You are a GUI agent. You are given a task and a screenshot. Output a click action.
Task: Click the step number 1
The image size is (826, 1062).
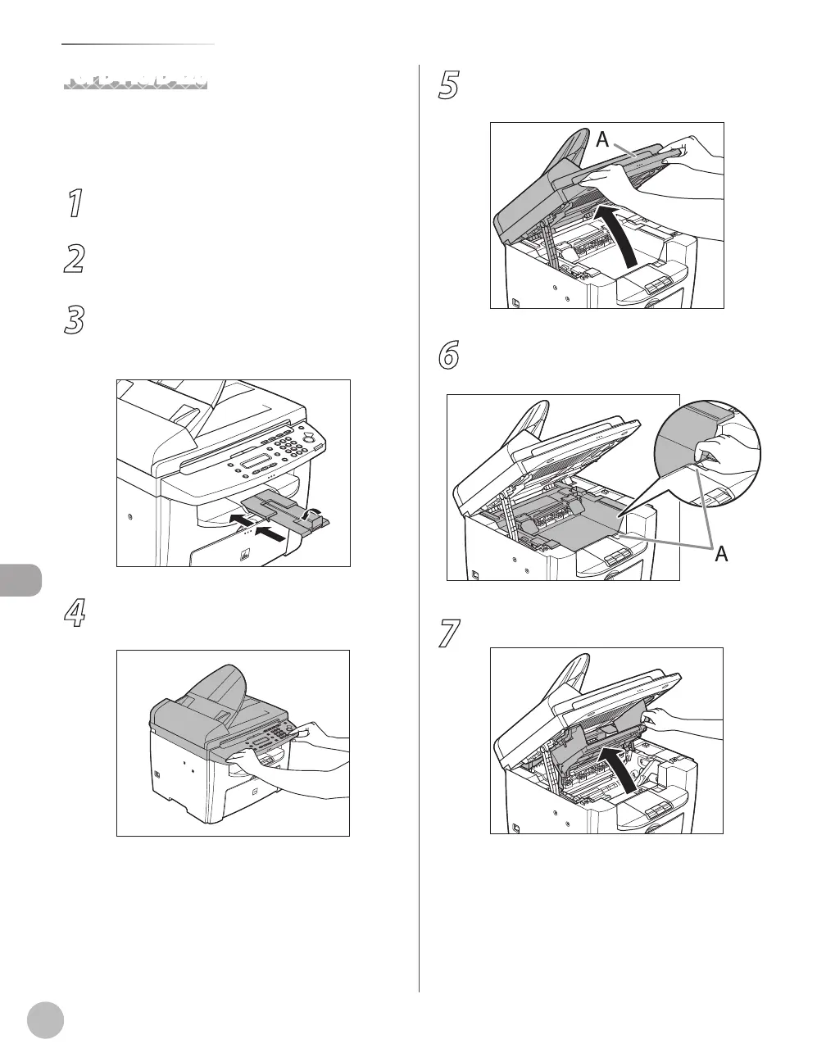[x=75, y=203]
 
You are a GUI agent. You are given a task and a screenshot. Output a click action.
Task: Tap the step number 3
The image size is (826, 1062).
[x=75, y=320]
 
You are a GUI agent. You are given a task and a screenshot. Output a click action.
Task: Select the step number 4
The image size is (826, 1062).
[x=75, y=615]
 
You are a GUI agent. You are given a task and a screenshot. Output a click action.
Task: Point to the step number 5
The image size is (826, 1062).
[x=448, y=85]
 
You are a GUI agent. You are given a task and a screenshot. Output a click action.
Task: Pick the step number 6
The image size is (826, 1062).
[x=448, y=355]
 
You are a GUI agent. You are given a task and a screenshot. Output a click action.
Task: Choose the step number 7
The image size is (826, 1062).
[x=448, y=633]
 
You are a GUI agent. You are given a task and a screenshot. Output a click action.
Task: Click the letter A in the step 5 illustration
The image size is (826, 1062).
[x=603, y=140]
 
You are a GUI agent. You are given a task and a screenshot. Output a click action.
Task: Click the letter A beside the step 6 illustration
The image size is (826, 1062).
[x=721, y=555]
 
